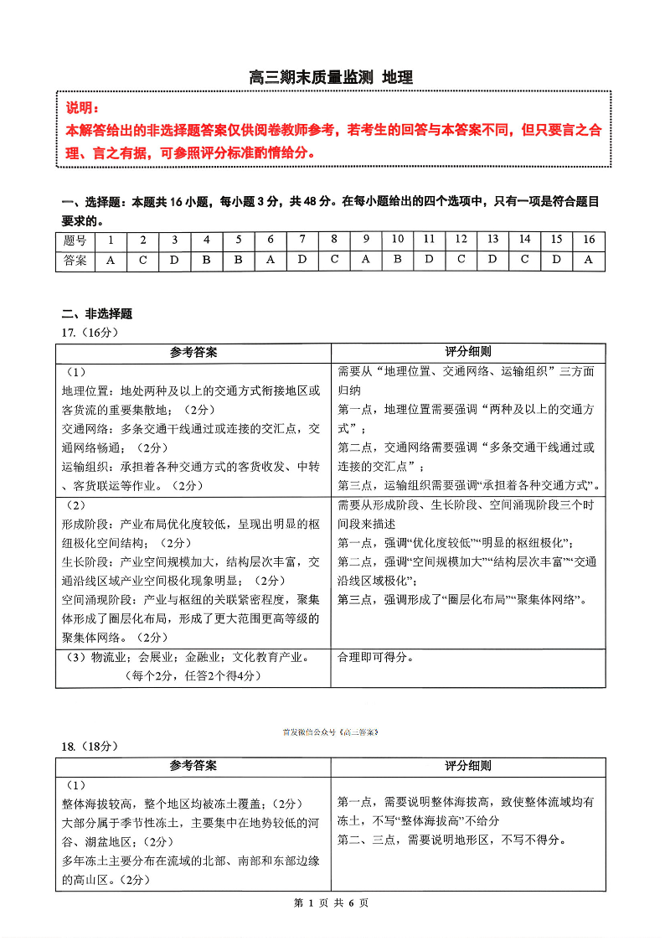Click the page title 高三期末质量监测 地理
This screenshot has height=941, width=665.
332,78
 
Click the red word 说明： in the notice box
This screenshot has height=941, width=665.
83,109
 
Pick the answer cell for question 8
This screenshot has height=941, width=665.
334,260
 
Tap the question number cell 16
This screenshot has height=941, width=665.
589,240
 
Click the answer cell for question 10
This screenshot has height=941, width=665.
398,260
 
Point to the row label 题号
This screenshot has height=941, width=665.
75,240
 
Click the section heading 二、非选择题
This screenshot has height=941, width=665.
97,314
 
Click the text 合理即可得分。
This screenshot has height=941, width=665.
376,658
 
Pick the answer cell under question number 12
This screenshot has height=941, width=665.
461,260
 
